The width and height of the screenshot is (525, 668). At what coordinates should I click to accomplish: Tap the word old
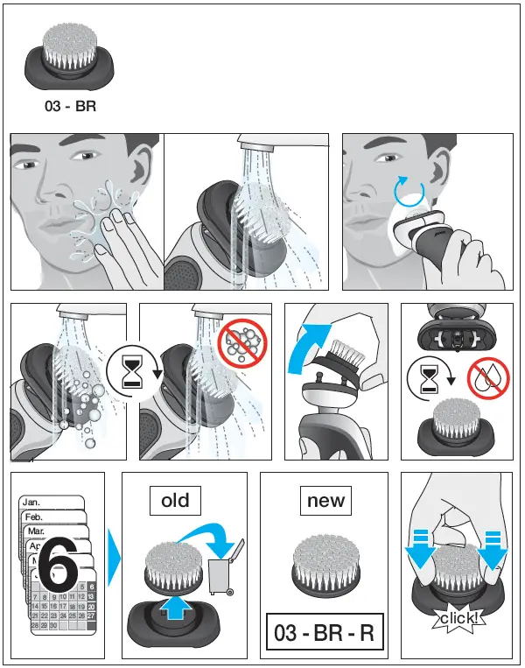coord(175,501)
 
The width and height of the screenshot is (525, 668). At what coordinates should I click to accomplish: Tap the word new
coord(325,501)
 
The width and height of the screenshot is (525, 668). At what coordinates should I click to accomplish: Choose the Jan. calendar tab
coord(32,503)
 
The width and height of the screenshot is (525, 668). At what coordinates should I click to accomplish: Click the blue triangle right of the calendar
coord(112,557)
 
